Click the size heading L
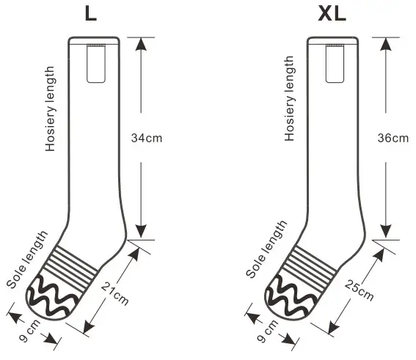coord(90,14)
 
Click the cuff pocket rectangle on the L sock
coord(95,63)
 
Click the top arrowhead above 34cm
coord(139,43)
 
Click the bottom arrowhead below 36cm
coord(384,229)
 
